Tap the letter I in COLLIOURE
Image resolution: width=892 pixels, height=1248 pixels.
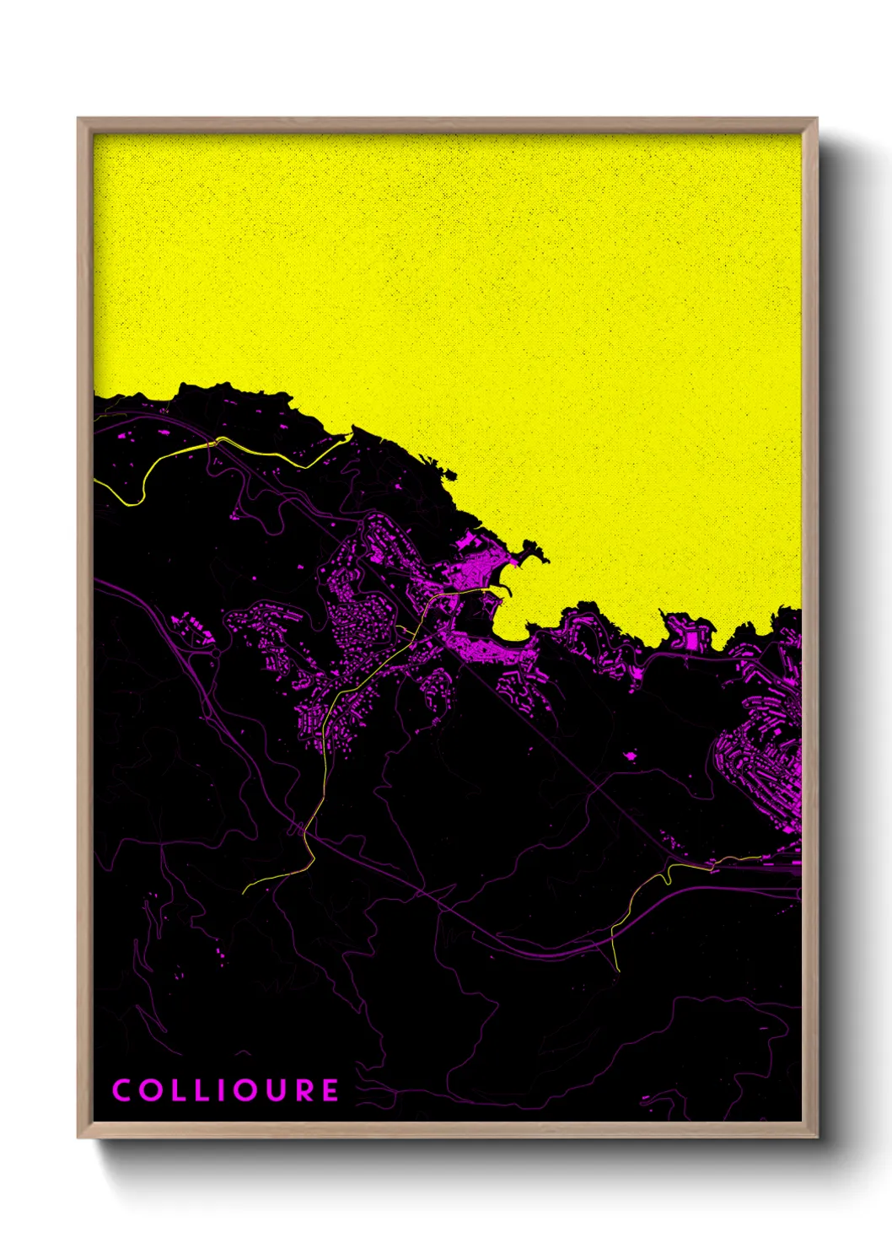221,1090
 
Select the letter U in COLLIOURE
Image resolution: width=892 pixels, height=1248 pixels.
275,1090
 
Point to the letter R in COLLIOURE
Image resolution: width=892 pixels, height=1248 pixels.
304,1090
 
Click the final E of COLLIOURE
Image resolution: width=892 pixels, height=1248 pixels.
330,1090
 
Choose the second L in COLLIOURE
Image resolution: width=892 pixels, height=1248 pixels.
203,1090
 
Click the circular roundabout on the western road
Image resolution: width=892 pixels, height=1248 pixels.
216,653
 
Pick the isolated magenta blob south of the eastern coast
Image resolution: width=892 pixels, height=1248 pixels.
629,756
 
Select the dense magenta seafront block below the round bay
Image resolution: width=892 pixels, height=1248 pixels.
497,654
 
